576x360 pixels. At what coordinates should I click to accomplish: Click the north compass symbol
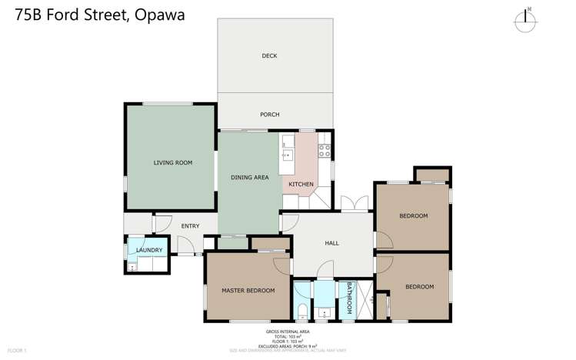pos(528,21)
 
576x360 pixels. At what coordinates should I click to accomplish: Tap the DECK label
pos(269,55)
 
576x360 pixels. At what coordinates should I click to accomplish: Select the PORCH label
pos(269,115)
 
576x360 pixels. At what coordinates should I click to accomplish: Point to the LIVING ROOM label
pos(172,162)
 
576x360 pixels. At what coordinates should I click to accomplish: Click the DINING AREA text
pos(249,178)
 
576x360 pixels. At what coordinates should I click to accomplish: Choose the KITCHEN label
pos(301,185)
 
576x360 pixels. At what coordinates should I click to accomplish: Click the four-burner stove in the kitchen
pos(325,142)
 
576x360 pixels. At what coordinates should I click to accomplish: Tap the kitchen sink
pos(287,155)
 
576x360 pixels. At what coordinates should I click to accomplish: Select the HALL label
pos(331,243)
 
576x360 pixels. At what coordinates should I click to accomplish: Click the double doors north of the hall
pos(354,205)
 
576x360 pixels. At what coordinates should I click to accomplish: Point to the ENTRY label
pos(190,226)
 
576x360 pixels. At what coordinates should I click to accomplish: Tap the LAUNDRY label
pos(148,250)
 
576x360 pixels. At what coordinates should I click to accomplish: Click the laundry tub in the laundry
pos(132,266)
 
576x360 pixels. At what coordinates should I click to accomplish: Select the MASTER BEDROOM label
pos(248,290)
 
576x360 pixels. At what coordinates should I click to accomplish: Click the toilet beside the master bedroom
pos(302,311)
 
